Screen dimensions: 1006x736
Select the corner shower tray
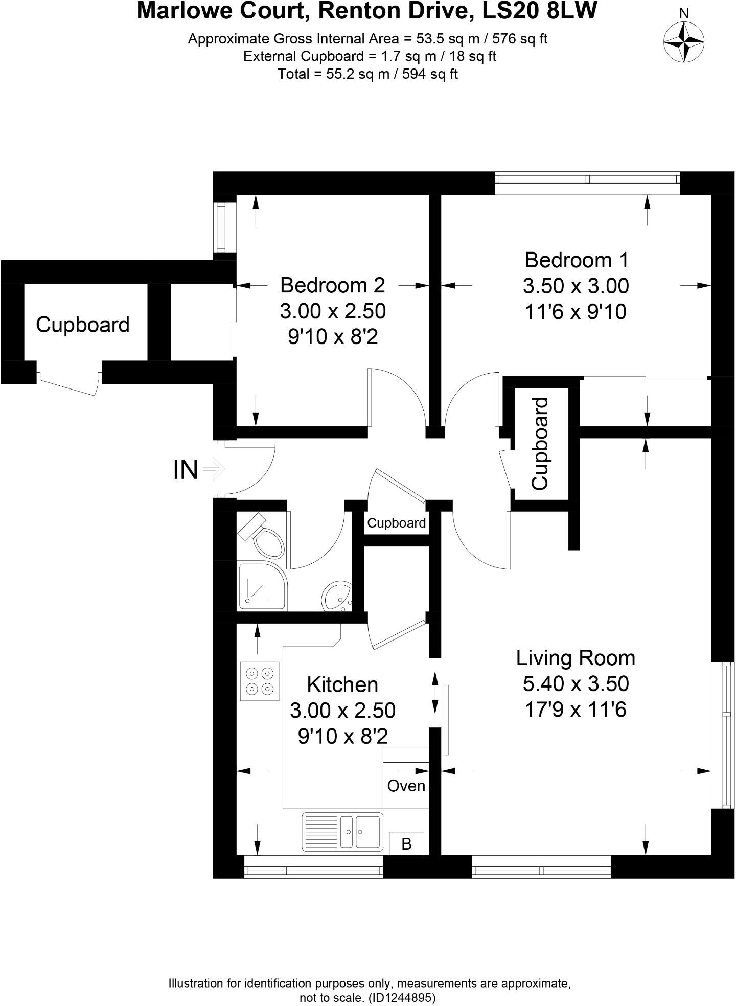tap(262, 586)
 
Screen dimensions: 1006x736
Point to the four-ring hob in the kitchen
tap(260, 681)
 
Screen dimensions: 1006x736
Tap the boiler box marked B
tap(406, 843)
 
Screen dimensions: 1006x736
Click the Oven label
tap(406, 786)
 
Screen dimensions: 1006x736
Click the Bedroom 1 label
tap(576, 260)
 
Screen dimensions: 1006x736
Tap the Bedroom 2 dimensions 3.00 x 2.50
tap(333, 311)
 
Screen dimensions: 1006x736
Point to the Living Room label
tap(576, 658)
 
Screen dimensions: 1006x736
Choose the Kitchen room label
tap(342, 684)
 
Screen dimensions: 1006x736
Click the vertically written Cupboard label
tap(540, 444)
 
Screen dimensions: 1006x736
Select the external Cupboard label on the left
tap(83, 325)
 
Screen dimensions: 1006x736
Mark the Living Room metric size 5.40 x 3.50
tap(576, 683)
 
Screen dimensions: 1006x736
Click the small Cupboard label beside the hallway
tap(396, 523)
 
